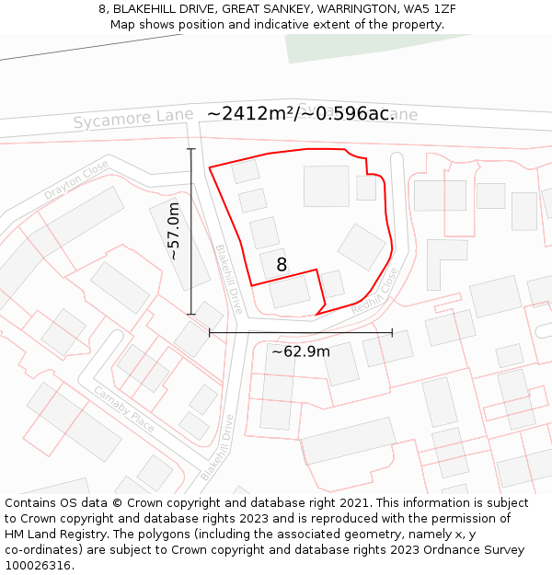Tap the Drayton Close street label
click(75, 180)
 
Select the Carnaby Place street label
click(123, 408)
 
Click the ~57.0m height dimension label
click(173, 231)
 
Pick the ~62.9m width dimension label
click(301, 351)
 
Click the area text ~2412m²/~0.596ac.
click(301, 113)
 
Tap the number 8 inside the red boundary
click(282, 265)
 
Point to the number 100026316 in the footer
click(39, 565)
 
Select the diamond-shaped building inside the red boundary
click(362, 247)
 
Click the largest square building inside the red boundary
click(326, 186)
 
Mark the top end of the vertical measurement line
click(191, 149)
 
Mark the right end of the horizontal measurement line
click(392, 332)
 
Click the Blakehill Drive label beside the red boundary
click(229, 278)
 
